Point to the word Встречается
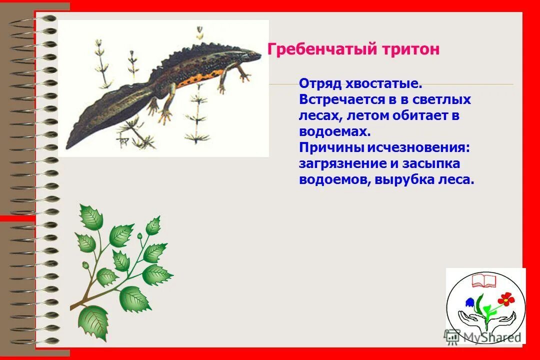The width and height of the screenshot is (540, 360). point(342,99)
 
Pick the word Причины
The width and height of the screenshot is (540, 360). point(331,147)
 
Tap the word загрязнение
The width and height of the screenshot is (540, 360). point(339,163)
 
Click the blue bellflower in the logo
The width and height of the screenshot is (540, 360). point(470,301)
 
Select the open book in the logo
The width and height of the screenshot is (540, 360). point(483,278)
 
